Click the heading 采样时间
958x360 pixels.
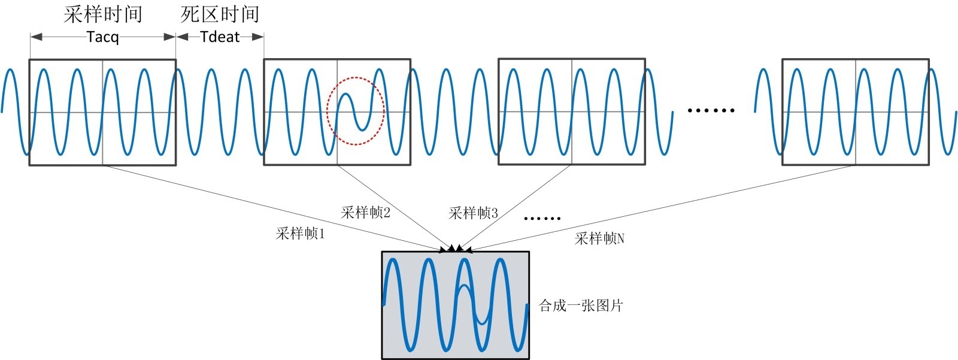click(102, 14)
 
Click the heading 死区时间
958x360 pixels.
click(220, 14)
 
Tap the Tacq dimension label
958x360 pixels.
click(102, 37)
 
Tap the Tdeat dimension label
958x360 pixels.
click(220, 37)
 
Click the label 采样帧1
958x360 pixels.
click(301, 234)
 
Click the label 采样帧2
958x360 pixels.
click(366, 213)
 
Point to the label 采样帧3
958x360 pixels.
click(473, 213)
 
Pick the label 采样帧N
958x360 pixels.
click(599, 238)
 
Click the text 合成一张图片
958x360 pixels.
click(581, 305)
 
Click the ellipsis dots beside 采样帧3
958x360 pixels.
click(542, 219)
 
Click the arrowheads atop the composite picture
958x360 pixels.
click(456, 248)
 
